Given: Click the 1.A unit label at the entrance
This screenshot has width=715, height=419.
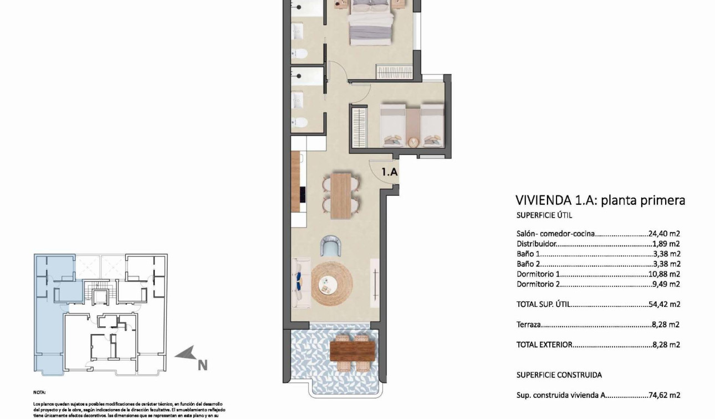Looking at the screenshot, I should (390, 172).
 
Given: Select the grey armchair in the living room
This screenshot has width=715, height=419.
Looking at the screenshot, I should (331, 246).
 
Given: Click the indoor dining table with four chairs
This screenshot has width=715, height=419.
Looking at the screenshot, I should (341, 194).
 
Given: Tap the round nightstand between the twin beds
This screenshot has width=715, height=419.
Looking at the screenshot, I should (413, 142).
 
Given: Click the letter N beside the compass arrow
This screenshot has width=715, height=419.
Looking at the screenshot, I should (203, 365).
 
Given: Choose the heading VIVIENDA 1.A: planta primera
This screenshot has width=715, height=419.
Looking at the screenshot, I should (600, 200).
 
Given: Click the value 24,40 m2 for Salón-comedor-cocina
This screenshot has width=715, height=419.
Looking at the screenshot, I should (664, 234).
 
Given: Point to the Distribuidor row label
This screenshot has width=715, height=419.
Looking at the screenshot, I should (536, 244).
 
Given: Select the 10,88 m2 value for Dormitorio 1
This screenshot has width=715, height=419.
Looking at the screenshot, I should (664, 274).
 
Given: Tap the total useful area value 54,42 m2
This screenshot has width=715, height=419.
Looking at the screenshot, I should (664, 305).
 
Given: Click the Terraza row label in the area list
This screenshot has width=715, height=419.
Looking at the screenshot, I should (529, 325).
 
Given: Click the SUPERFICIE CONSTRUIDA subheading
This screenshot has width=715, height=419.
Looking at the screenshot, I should (559, 375).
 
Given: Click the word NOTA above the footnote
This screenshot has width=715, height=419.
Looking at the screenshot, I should (39, 392).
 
